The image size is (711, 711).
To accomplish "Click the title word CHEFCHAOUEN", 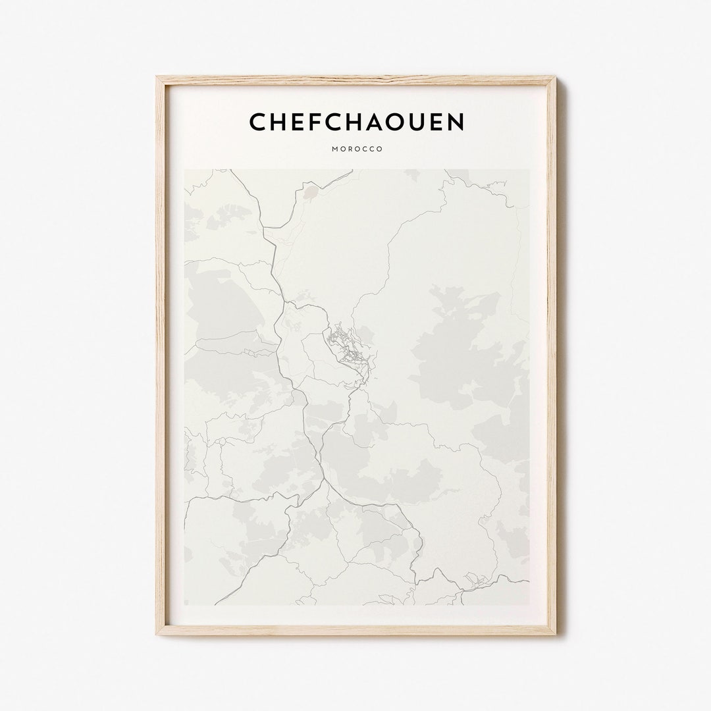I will (356, 122).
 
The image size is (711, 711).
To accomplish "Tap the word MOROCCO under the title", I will (357, 149).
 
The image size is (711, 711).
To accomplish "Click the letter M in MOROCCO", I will (335, 149).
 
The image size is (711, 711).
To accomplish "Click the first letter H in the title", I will (277, 122).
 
